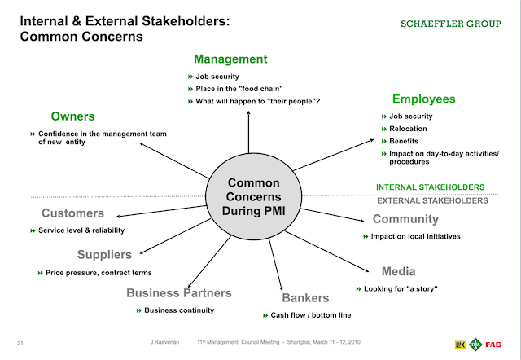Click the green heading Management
[x=230, y=59]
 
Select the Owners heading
[x=73, y=116]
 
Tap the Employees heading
[x=423, y=99]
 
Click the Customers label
[x=73, y=213]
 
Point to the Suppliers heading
[x=104, y=255]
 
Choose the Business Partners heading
[x=178, y=293]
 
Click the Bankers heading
[x=305, y=298]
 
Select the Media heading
[x=398, y=271]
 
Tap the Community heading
[x=405, y=219]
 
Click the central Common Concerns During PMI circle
[x=253, y=196]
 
